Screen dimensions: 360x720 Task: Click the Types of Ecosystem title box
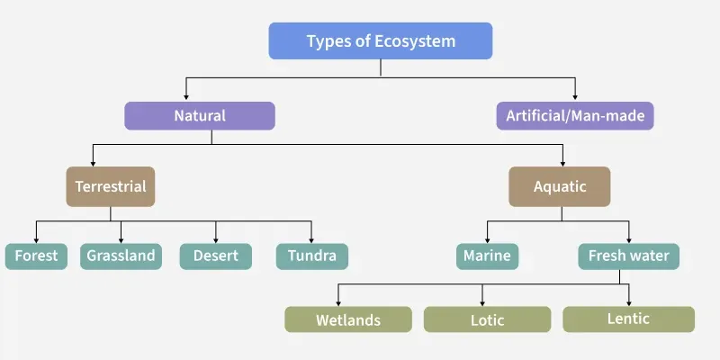coord(381,41)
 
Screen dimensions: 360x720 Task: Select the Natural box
coord(199,116)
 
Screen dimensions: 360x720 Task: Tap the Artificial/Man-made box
coord(574,116)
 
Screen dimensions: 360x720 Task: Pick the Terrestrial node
coord(111,187)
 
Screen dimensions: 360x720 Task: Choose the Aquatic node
coord(559,187)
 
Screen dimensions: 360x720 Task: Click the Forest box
coord(36,256)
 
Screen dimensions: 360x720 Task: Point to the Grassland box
coord(121,256)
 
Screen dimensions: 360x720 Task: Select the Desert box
coord(215,256)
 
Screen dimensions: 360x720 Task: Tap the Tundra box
coord(311,256)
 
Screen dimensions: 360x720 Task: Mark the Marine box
coord(487,256)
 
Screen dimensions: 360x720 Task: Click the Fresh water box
coord(628,256)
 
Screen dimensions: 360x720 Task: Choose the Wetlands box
coord(348,320)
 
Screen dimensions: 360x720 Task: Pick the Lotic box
coord(487,320)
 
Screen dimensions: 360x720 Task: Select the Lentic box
coord(628,319)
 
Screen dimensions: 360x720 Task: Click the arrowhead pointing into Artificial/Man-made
coord(574,97)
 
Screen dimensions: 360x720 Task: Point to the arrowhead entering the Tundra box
coord(311,239)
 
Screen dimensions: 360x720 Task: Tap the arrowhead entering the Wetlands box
coord(339,302)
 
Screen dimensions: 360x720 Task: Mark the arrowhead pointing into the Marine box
coord(487,239)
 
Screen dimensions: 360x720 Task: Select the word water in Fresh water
coord(649,256)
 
